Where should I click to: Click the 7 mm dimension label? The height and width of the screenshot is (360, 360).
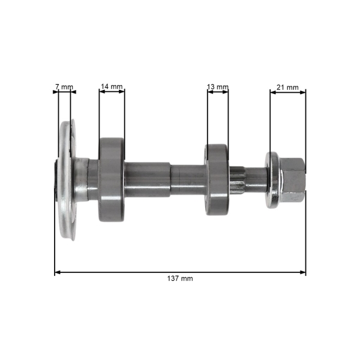point(64,87)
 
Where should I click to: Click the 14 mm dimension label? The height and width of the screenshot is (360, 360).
point(112,87)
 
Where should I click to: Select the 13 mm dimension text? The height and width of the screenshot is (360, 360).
point(217,87)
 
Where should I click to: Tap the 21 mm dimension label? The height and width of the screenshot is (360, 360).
point(287,87)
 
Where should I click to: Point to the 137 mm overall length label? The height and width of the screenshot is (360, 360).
point(181,279)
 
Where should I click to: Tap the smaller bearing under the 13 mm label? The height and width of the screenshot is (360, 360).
point(217,178)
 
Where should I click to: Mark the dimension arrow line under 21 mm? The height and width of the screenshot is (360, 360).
point(287,92)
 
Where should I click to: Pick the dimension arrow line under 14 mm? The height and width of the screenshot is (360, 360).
point(112,92)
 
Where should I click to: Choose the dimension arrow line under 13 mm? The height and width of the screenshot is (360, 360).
point(217,92)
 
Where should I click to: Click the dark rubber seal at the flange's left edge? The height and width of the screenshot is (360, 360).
point(56,180)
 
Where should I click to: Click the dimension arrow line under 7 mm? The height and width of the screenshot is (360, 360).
point(64,92)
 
